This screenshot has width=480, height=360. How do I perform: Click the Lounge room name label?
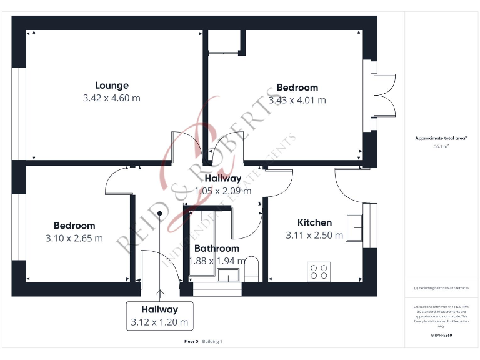pyautogui.click(x=112, y=86)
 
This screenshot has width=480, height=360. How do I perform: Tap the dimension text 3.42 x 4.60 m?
pyautogui.click(x=112, y=98)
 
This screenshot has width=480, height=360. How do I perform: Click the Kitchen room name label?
pyautogui.click(x=314, y=222)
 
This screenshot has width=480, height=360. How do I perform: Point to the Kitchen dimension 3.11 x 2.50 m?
pyautogui.click(x=314, y=236)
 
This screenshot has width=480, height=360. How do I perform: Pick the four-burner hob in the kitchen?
pyautogui.click(x=318, y=271)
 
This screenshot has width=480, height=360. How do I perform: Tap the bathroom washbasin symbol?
pyautogui.click(x=228, y=275)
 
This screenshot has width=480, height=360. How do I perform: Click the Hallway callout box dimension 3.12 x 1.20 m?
pyautogui.click(x=159, y=323)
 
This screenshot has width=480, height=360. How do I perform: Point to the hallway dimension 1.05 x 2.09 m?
pyautogui.click(x=223, y=191)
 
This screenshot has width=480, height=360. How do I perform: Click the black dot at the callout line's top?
pyautogui.click(x=160, y=213)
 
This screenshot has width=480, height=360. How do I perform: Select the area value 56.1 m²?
pyautogui.click(x=442, y=146)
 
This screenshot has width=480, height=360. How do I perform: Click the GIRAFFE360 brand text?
pyautogui.click(x=441, y=336)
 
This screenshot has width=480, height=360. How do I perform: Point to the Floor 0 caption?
pyautogui.click(x=191, y=342)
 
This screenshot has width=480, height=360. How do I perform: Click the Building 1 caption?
pyautogui.click(x=212, y=342)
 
